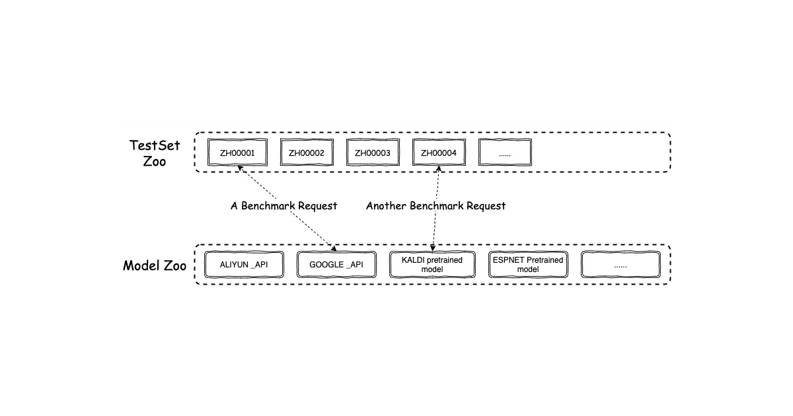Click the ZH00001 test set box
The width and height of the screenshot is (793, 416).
click(237, 153)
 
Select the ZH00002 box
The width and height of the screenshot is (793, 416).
click(307, 153)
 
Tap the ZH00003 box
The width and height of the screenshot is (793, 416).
click(373, 153)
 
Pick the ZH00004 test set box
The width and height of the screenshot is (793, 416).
click(439, 153)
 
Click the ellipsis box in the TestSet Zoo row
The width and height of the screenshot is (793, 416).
click(505, 153)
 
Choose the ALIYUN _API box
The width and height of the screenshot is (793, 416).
click(244, 265)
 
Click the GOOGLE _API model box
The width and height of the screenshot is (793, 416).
click(336, 265)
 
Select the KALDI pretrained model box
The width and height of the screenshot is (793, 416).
click(432, 265)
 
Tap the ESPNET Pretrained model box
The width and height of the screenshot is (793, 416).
click(528, 265)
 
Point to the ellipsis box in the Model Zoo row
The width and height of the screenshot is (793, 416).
click(621, 265)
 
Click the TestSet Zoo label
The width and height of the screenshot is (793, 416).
click(155, 153)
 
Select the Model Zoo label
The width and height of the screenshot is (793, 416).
click(155, 265)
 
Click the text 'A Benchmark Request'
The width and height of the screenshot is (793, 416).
click(284, 205)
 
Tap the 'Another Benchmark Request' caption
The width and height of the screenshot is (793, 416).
click(435, 205)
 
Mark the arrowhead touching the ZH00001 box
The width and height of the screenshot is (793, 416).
click(240, 169)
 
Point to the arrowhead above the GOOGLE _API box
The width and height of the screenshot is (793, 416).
click(334, 248)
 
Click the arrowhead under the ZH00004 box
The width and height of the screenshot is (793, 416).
click(439, 169)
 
